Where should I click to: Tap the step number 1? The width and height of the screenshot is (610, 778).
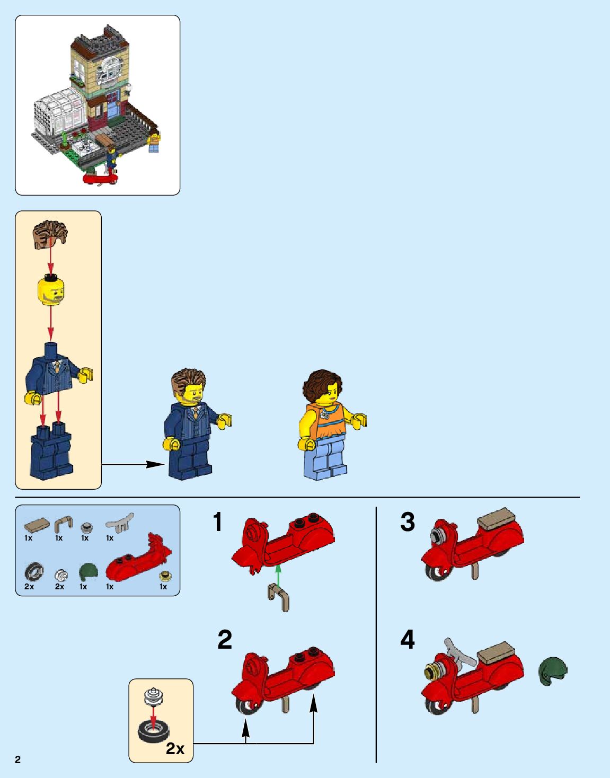pyautogui.click(x=218, y=521)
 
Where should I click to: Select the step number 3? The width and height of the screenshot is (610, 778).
pyautogui.click(x=408, y=521)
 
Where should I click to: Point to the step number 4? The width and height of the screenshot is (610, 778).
pyautogui.click(x=408, y=640)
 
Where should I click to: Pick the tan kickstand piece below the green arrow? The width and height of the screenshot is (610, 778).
pyautogui.click(x=279, y=597)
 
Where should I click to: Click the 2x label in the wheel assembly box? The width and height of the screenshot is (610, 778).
pyautogui.click(x=175, y=749)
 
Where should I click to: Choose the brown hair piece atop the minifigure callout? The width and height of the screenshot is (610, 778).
pyautogui.click(x=50, y=234)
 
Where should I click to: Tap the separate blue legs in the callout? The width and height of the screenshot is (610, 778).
pyautogui.click(x=51, y=451)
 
